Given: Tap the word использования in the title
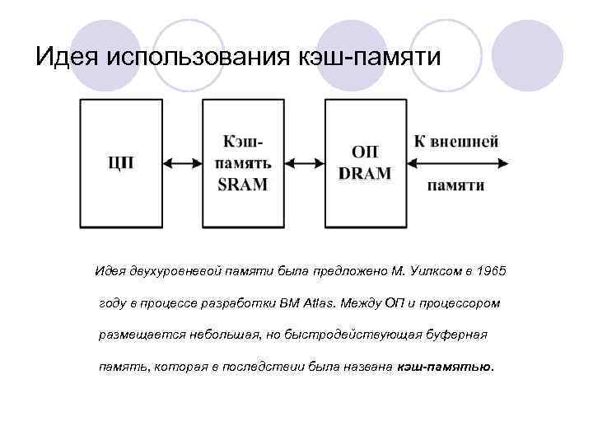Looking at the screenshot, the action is point(194,57).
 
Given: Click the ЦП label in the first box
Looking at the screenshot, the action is point(120,162).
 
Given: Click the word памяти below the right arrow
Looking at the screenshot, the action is point(455,186).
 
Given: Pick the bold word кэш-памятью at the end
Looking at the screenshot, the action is point(444,367).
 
